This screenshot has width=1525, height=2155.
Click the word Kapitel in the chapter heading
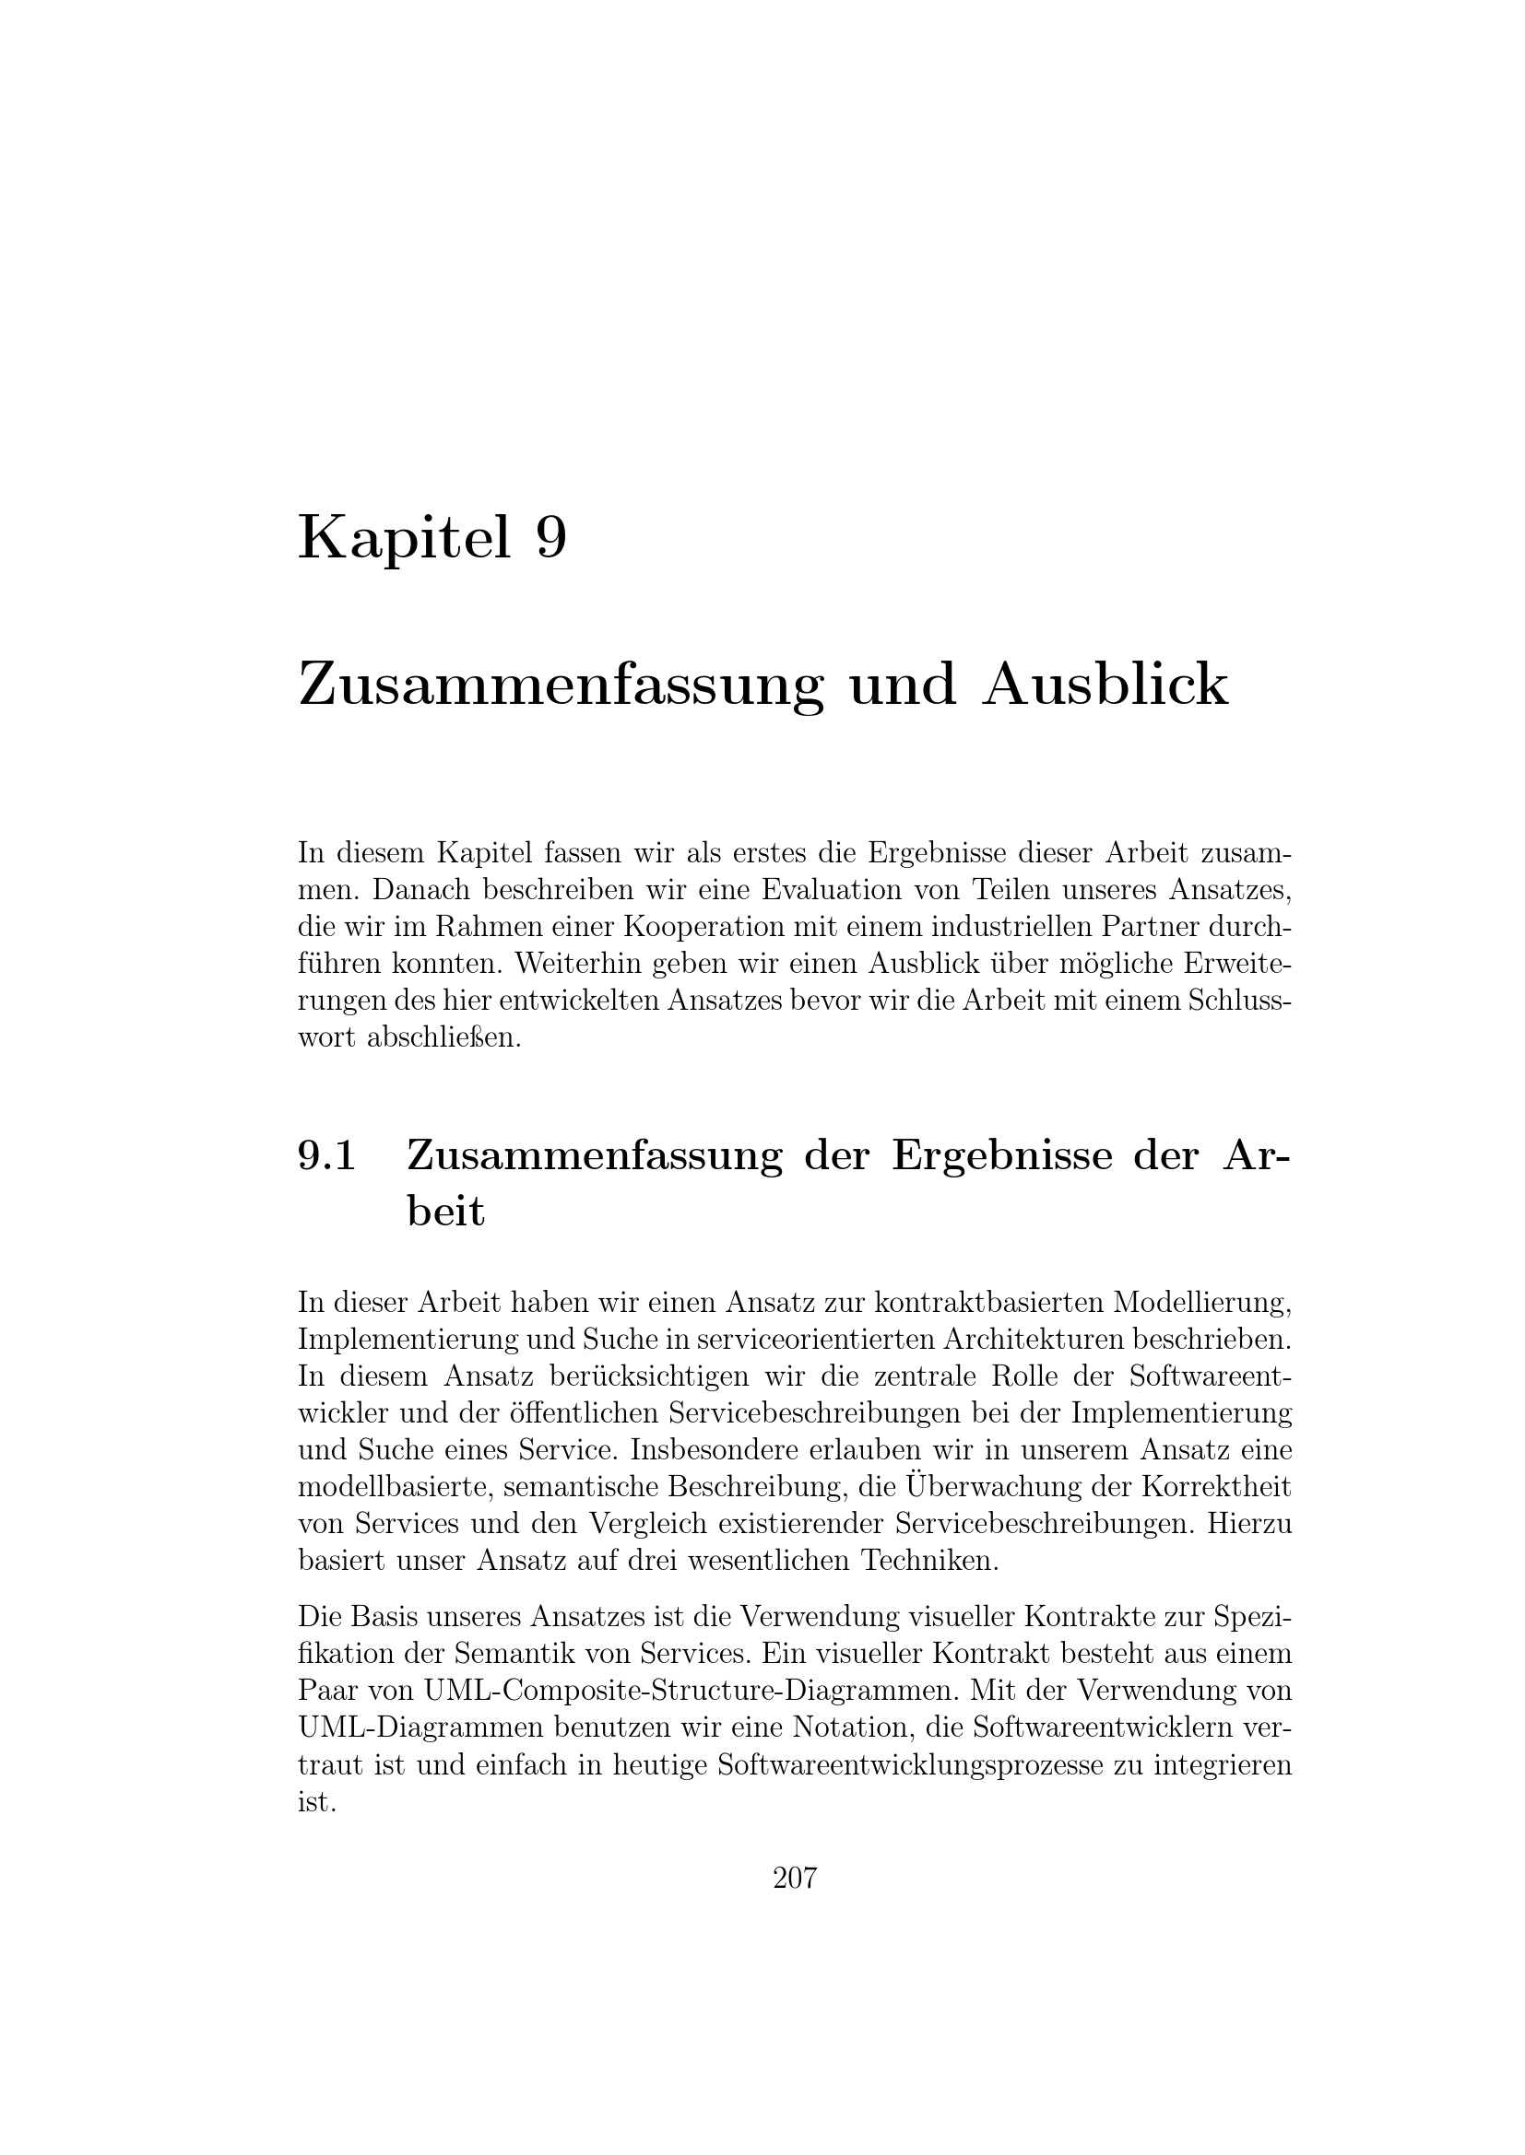(405, 540)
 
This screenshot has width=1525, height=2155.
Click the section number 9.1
(326, 1155)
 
